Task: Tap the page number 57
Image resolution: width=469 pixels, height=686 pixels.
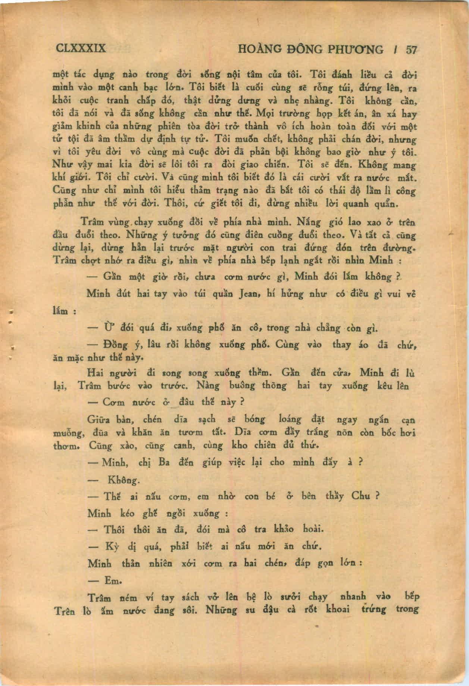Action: [x=411, y=50]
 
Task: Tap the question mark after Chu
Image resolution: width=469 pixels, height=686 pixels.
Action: [x=377, y=496]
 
